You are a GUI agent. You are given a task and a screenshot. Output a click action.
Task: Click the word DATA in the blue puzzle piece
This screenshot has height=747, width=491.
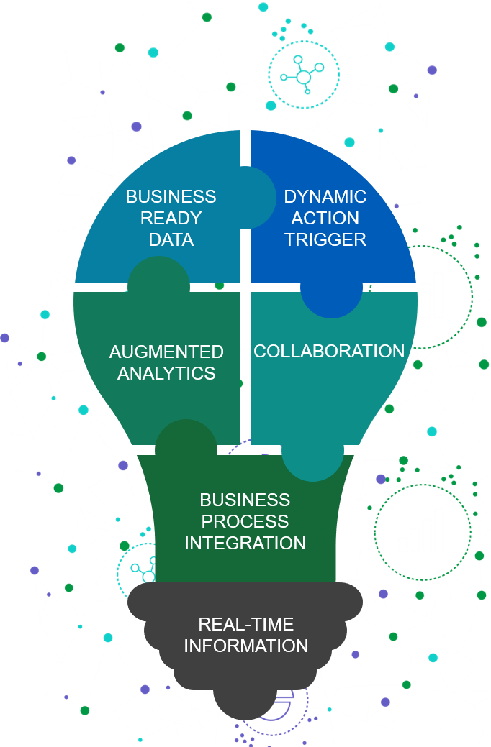[171, 239]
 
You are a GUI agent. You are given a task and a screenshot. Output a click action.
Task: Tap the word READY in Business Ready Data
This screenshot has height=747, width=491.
[171, 218]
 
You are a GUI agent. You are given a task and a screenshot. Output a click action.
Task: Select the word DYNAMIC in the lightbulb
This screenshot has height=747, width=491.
[325, 196]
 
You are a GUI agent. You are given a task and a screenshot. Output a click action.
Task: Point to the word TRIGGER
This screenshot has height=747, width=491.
[325, 239]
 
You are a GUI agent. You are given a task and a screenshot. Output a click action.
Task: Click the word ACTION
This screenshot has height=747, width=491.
[325, 218]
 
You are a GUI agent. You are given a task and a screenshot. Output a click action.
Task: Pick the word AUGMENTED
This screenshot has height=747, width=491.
[166, 352]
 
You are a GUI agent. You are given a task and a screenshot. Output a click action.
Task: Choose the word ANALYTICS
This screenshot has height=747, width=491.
[166, 373]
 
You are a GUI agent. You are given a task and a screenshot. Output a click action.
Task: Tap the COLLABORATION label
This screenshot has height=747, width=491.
[329, 351]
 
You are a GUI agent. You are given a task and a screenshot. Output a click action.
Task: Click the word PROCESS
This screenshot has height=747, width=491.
[245, 521]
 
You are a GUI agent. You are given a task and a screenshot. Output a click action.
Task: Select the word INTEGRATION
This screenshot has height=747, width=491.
[245, 542]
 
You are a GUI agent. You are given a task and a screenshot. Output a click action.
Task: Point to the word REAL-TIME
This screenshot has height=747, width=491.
[246, 624]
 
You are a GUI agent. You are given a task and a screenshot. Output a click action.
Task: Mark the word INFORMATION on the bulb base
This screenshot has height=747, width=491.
[246, 646]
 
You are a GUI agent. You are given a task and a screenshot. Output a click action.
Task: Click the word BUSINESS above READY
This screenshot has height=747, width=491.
[171, 196]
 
